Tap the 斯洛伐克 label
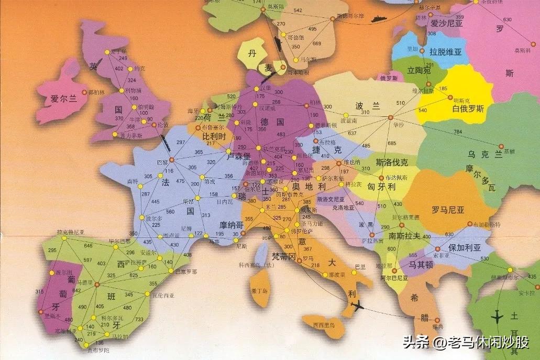click(393, 162)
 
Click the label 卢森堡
click(239, 156)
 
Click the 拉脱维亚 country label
click(445, 52)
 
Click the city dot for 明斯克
click(449, 96)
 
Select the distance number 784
click(458, 131)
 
